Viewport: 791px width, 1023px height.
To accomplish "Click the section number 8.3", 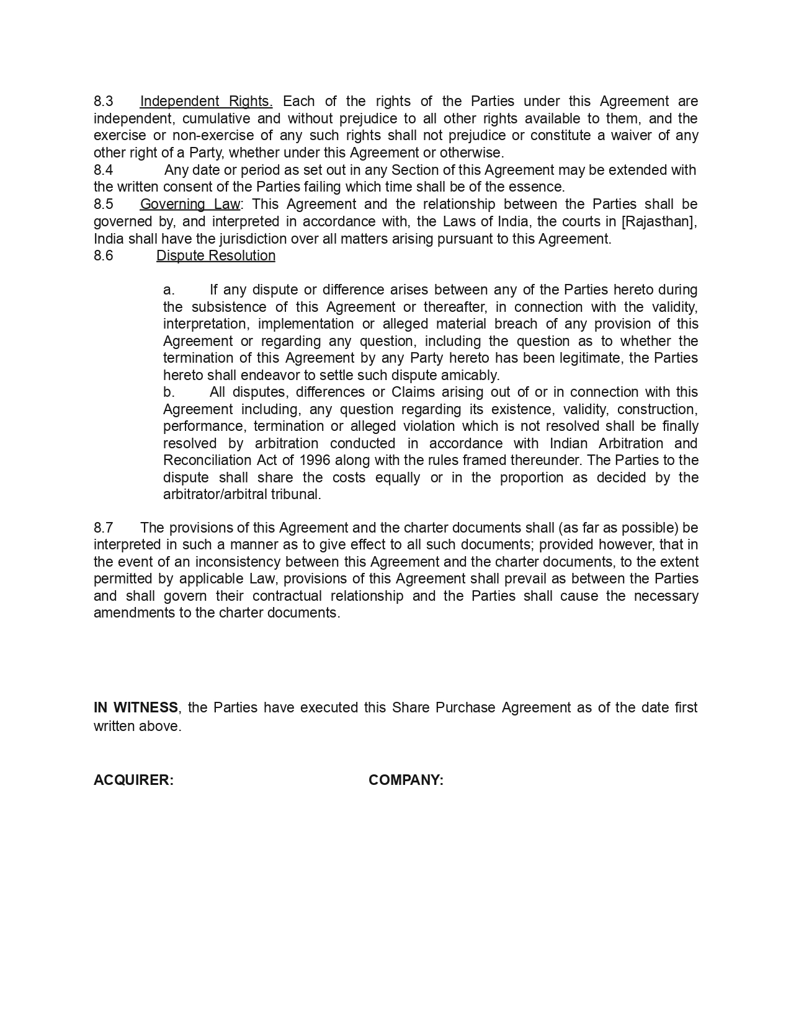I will [x=104, y=101].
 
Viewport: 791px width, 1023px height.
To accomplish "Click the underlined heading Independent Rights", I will [x=206, y=101].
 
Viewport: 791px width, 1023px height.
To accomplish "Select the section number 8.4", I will [x=104, y=170].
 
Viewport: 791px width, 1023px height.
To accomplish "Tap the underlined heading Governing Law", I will [x=190, y=204].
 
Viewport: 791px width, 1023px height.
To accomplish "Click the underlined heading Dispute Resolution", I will [x=215, y=255].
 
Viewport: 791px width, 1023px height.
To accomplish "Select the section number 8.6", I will [x=104, y=255].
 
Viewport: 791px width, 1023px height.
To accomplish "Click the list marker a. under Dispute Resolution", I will [x=169, y=290].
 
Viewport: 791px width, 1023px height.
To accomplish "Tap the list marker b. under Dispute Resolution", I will [x=169, y=392].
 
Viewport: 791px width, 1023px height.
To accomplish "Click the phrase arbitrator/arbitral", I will [x=215, y=494].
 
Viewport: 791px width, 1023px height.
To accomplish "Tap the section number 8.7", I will [x=104, y=528].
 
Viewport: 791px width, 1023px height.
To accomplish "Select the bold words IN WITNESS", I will [x=136, y=707].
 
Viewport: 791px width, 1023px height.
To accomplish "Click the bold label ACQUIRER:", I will [x=133, y=780].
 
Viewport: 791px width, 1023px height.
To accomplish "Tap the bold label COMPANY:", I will [x=406, y=780].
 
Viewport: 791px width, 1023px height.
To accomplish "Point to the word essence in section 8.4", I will [x=539, y=187].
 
